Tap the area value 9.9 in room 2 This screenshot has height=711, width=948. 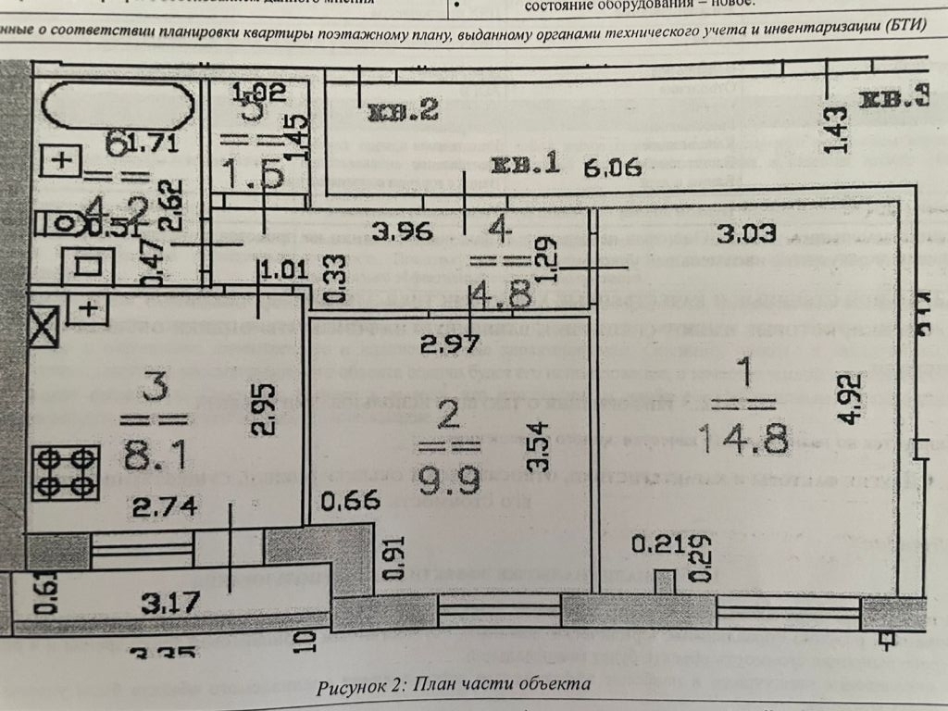[447, 456]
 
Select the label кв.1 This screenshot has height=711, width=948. [525, 168]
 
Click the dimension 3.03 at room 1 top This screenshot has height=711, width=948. [745, 232]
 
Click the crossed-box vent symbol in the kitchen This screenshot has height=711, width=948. [44, 325]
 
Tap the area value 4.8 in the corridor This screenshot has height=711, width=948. [500, 296]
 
